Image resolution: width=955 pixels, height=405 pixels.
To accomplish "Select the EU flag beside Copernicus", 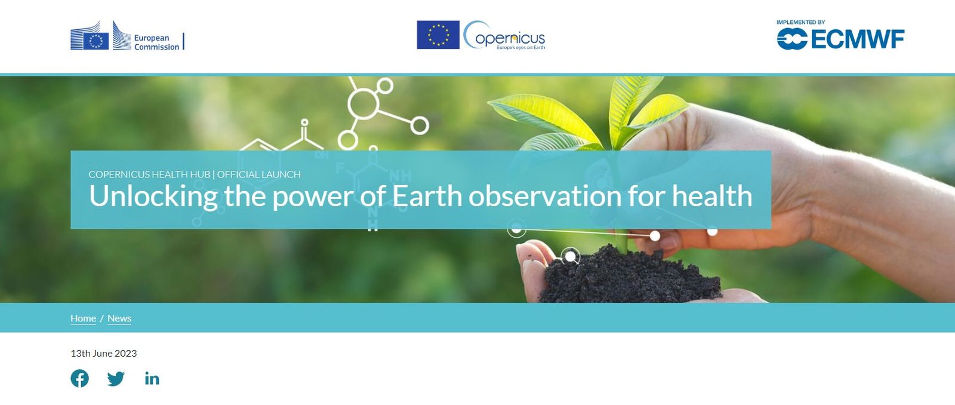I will pyautogui.click(x=438, y=35).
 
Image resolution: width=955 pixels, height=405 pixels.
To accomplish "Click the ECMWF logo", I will pyautogui.click(x=840, y=39).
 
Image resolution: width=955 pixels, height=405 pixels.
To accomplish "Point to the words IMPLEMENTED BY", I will pyautogui.click(x=800, y=22).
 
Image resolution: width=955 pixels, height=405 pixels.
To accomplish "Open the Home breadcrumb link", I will pyautogui.click(x=83, y=318).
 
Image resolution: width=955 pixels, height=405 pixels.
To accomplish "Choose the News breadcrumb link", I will pyautogui.click(x=119, y=318).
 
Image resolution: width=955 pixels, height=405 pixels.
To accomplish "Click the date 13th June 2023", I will pyautogui.click(x=104, y=353).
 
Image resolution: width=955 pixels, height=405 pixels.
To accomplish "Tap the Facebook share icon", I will pyautogui.click(x=80, y=378).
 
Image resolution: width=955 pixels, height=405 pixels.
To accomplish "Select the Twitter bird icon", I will pyautogui.click(x=116, y=379).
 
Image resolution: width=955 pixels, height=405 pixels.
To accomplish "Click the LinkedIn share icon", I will pyautogui.click(x=152, y=379).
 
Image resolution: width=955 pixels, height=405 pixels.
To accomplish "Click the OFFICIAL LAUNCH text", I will pyautogui.click(x=258, y=174).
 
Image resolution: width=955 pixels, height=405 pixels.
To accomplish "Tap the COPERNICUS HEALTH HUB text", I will pyautogui.click(x=149, y=174).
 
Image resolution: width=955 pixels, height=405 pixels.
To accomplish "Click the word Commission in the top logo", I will pyautogui.click(x=156, y=47).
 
